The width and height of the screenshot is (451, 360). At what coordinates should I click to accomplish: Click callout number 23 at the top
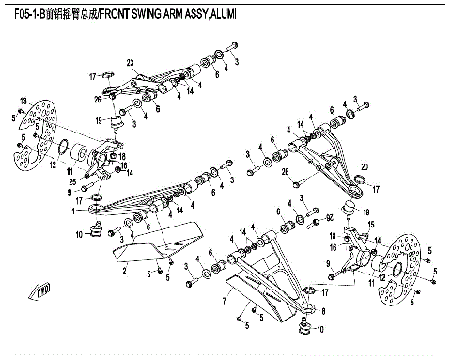[x=132, y=62]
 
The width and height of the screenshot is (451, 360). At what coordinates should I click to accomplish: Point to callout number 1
[x=87, y=211]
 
